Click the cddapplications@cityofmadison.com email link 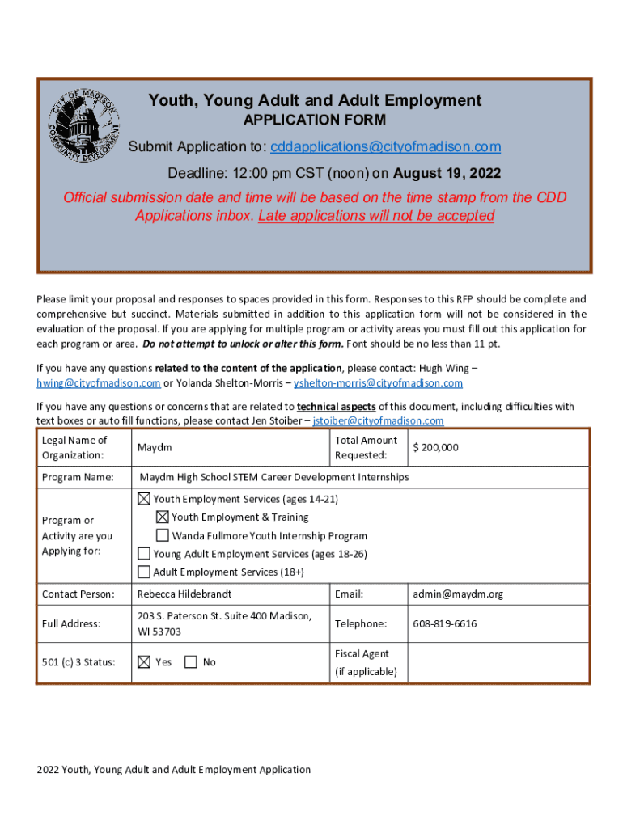click(x=386, y=146)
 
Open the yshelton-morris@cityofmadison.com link click(x=378, y=383)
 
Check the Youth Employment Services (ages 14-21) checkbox click(x=144, y=499)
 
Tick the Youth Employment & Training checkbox click(x=162, y=517)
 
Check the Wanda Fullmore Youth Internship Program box click(x=162, y=535)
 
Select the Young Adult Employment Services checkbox click(x=144, y=554)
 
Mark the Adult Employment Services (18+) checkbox click(x=144, y=572)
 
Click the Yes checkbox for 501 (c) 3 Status click(x=144, y=662)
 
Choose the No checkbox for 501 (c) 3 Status click(x=191, y=662)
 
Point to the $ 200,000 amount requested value click(x=435, y=447)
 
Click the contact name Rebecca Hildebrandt click(x=184, y=594)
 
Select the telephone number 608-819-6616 click(x=444, y=623)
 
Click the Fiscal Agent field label click(x=362, y=653)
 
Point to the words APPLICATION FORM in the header click(x=315, y=120)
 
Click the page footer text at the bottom click(x=173, y=770)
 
